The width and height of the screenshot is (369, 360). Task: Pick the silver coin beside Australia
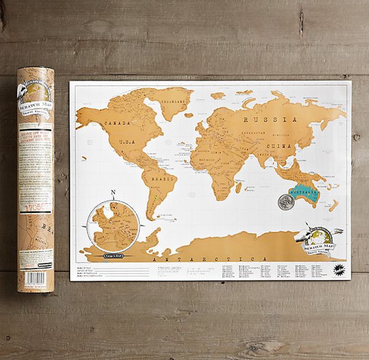286,201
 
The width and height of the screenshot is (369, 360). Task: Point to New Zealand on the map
334,205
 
